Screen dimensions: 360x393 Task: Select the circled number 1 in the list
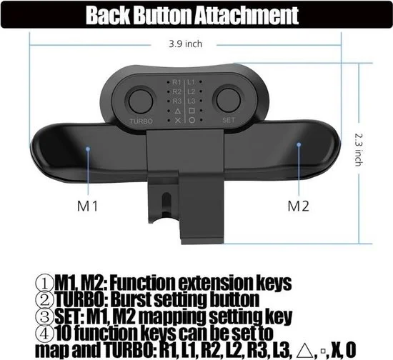[x=48, y=280]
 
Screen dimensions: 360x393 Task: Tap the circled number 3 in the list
[x=48, y=314]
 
